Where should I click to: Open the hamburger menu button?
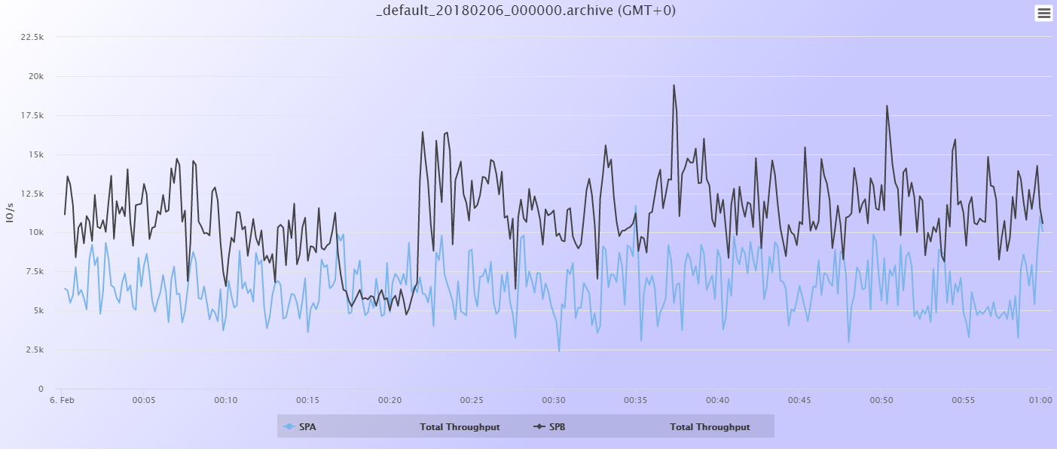(x=1043, y=13)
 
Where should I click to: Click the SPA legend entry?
(x=307, y=427)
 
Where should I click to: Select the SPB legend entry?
(x=557, y=427)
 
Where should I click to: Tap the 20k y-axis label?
(x=36, y=76)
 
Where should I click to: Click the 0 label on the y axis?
(x=41, y=389)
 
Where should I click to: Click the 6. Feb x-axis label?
(x=62, y=400)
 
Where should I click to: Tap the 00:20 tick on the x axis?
(x=390, y=400)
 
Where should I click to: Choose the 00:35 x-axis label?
(x=636, y=400)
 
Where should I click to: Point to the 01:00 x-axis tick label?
(x=1040, y=400)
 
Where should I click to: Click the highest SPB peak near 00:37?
(x=674, y=85)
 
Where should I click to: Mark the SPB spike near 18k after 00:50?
(x=887, y=105)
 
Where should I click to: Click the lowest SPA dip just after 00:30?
(x=559, y=351)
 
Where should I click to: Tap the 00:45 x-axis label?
(x=799, y=400)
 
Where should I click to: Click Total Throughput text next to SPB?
(x=710, y=427)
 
